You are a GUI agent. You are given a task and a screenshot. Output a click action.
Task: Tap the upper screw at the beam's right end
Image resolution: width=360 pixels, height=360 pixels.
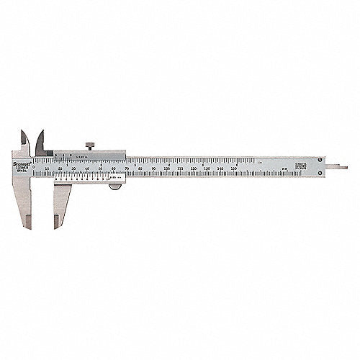click(x=320, y=160)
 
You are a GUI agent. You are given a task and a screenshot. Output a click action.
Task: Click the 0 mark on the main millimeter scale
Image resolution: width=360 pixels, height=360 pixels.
click(x=34, y=168)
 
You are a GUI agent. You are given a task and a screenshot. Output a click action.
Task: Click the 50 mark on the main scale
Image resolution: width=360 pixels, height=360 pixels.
click(x=101, y=168)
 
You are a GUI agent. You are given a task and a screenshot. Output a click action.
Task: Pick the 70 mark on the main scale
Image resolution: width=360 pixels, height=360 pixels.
click(x=127, y=168)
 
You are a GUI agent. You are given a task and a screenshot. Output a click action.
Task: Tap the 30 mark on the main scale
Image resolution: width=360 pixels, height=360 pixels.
click(x=74, y=168)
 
